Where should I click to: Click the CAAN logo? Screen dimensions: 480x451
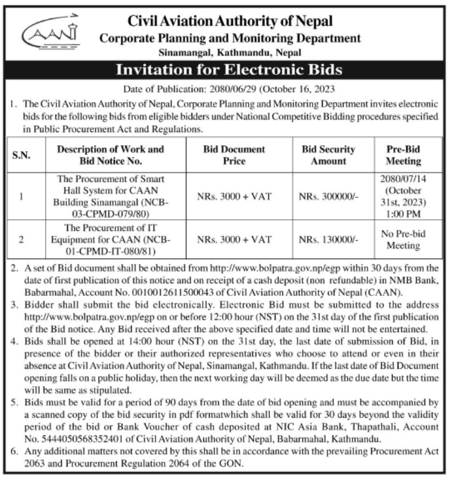click(x=50, y=36)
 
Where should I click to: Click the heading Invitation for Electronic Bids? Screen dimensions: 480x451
click(x=229, y=70)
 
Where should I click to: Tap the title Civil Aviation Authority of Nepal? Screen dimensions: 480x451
click(x=230, y=21)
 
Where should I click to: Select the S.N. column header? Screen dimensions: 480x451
click(x=21, y=155)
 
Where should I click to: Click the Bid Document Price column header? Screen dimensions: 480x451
click(x=234, y=155)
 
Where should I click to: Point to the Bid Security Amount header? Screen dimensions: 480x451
click(x=328, y=155)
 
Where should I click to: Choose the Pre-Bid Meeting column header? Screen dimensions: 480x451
click(x=403, y=155)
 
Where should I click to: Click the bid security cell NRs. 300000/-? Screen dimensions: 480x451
click(x=328, y=197)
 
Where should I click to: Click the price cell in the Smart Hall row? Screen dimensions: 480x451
click(x=234, y=197)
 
